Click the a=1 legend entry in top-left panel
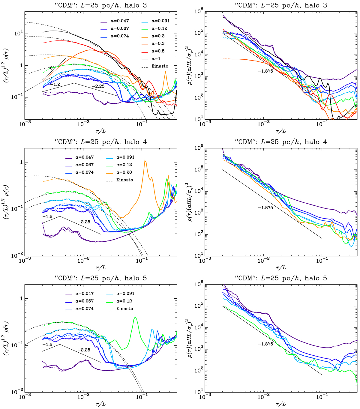155,58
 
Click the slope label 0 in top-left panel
51,68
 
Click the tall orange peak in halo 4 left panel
145,161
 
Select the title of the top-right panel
280,5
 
